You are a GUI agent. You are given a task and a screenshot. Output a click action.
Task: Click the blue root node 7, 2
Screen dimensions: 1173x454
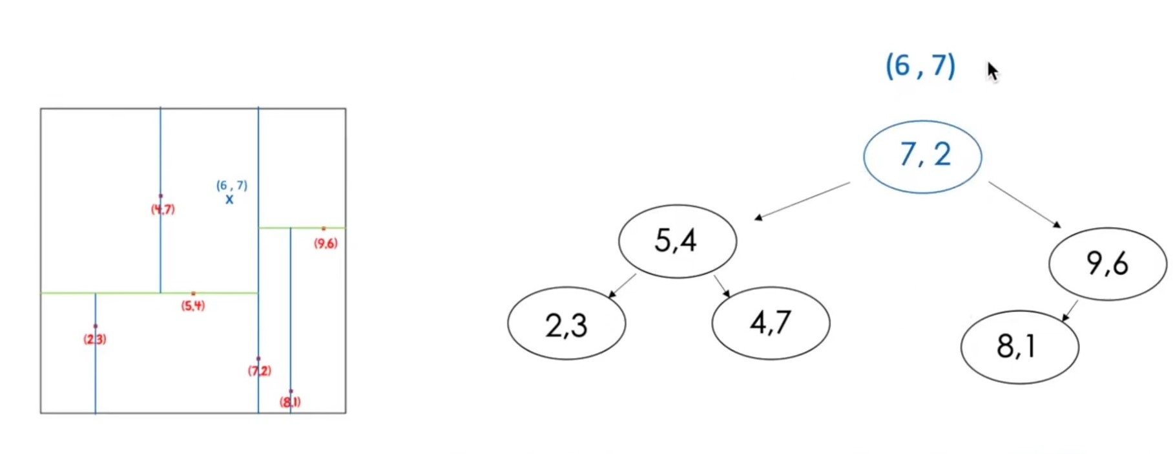[922, 157]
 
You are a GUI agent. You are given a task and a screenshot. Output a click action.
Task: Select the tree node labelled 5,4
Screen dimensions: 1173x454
[677, 241]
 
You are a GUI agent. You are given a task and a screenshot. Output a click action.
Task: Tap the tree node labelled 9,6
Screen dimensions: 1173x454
[1107, 263]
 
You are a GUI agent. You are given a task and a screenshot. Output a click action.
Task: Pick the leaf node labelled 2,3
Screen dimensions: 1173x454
[566, 323]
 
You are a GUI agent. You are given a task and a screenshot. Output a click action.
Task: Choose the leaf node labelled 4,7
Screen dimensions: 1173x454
[771, 323]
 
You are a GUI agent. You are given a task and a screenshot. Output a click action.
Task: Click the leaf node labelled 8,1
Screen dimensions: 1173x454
[1019, 347]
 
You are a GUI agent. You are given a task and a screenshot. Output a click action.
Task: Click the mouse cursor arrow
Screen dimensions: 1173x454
[992, 70]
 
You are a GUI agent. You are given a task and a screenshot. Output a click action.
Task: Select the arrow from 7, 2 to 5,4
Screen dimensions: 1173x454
[802, 201]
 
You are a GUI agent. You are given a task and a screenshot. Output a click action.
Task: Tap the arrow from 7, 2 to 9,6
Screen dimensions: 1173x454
[1024, 204]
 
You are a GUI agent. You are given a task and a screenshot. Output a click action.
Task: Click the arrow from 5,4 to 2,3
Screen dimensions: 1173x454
[622, 286]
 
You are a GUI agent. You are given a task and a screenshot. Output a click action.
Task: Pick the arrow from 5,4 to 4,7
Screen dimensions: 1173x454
[721, 286]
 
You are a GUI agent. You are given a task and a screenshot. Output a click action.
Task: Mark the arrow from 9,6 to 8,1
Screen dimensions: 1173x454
[1070, 310]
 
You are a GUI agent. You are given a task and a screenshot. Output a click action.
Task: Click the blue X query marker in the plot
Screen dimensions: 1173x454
[229, 200]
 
